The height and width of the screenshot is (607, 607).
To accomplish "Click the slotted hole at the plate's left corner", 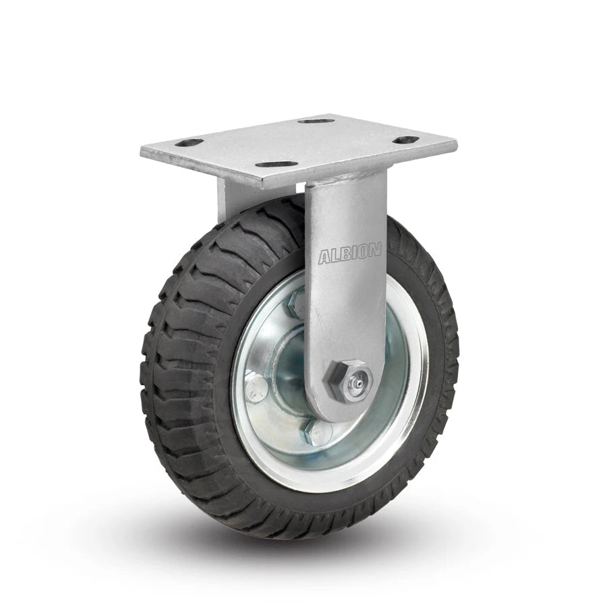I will coord(191,143).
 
